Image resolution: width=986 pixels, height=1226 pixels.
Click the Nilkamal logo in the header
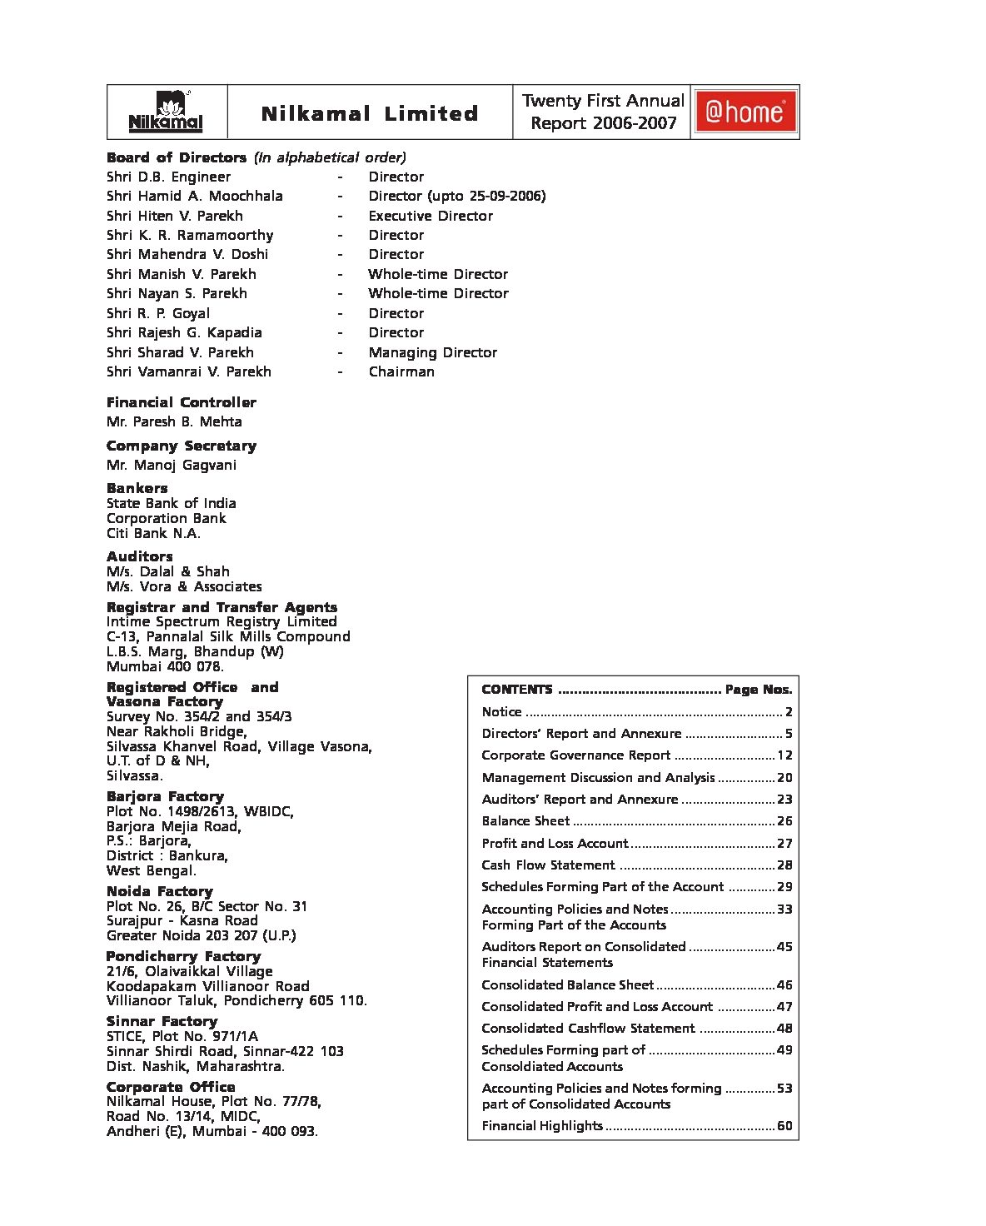click(x=166, y=112)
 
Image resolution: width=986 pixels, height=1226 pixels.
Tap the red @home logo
click(x=745, y=112)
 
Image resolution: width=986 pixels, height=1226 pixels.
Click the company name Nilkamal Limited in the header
click(x=370, y=113)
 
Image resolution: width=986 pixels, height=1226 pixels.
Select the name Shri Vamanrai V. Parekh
click(x=189, y=371)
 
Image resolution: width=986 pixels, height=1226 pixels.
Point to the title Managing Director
click(x=432, y=352)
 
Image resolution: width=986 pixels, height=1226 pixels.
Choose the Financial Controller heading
click(x=182, y=402)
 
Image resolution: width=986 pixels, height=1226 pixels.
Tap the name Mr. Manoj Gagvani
click(x=172, y=465)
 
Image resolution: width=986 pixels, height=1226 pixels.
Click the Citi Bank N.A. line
click(x=153, y=533)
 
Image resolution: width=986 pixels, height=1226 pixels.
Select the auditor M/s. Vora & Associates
click(x=184, y=586)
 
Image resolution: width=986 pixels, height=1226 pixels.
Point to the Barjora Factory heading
click(x=165, y=796)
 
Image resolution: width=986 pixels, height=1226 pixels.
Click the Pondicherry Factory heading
click(x=183, y=956)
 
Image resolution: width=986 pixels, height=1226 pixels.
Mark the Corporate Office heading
click(x=171, y=1087)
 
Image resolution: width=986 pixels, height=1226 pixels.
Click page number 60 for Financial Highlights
click(x=784, y=1126)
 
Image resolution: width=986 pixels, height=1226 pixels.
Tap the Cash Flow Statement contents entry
click(x=548, y=865)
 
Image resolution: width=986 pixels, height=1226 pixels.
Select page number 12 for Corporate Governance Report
click(x=784, y=755)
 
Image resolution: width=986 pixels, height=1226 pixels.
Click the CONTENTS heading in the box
click(x=517, y=690)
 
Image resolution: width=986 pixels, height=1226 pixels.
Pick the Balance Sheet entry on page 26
click(x=525, y=821)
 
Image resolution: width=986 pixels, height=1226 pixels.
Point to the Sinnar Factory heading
click(x=162, y=1021)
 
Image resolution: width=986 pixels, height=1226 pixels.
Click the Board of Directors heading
click(x=177, y=157)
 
